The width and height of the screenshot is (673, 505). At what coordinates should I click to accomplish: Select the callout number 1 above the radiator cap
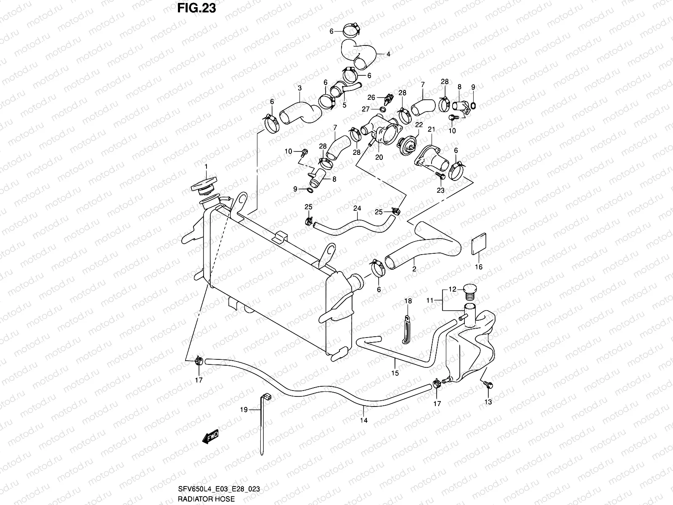tap(206, 167)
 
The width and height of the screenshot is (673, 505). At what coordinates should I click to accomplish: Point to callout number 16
tap(479, 267)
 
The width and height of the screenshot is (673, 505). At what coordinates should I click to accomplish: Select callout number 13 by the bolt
tap(488, 402)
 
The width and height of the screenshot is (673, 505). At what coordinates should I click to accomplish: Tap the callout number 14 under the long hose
tap(364, 420)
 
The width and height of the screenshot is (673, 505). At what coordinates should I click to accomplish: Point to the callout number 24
tap(357, 208)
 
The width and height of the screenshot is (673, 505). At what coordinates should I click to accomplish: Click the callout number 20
tap(379, 157)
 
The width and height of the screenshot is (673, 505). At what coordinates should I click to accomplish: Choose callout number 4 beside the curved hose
tap(388, 54)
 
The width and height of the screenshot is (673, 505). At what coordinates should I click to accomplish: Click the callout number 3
tap(299, 88)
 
